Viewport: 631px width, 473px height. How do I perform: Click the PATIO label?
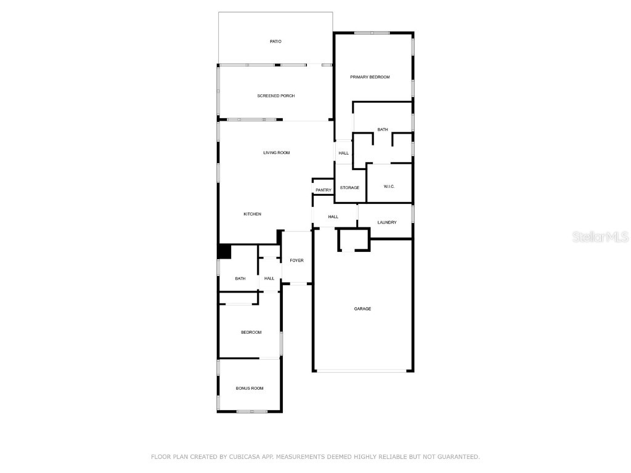point(275,41)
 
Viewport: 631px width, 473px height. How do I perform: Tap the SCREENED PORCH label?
point(275,95)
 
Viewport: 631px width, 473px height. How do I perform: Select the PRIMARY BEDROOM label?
point(370,77)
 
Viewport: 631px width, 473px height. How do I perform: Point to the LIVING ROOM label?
point(276,153)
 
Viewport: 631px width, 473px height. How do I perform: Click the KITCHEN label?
point(252,214)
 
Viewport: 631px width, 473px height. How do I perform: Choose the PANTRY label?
point(323,190)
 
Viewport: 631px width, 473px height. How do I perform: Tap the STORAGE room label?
point(349,187)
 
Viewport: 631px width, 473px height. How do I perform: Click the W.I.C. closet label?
point(389,187)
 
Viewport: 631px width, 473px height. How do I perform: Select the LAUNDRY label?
point(386,222)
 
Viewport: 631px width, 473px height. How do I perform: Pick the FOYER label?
point(296,261)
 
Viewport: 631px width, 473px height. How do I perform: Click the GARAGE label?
point(362,309)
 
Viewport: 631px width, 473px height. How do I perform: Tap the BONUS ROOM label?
point(250,388)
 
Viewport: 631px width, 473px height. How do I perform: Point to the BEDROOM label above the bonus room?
point(251,332)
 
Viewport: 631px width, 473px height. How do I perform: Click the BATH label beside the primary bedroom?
point(383,129)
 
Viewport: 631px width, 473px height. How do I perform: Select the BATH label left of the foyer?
point(240,278)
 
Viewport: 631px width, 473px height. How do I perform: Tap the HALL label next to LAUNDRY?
point(333,217)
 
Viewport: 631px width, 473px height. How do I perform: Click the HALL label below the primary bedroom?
point(343,153)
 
